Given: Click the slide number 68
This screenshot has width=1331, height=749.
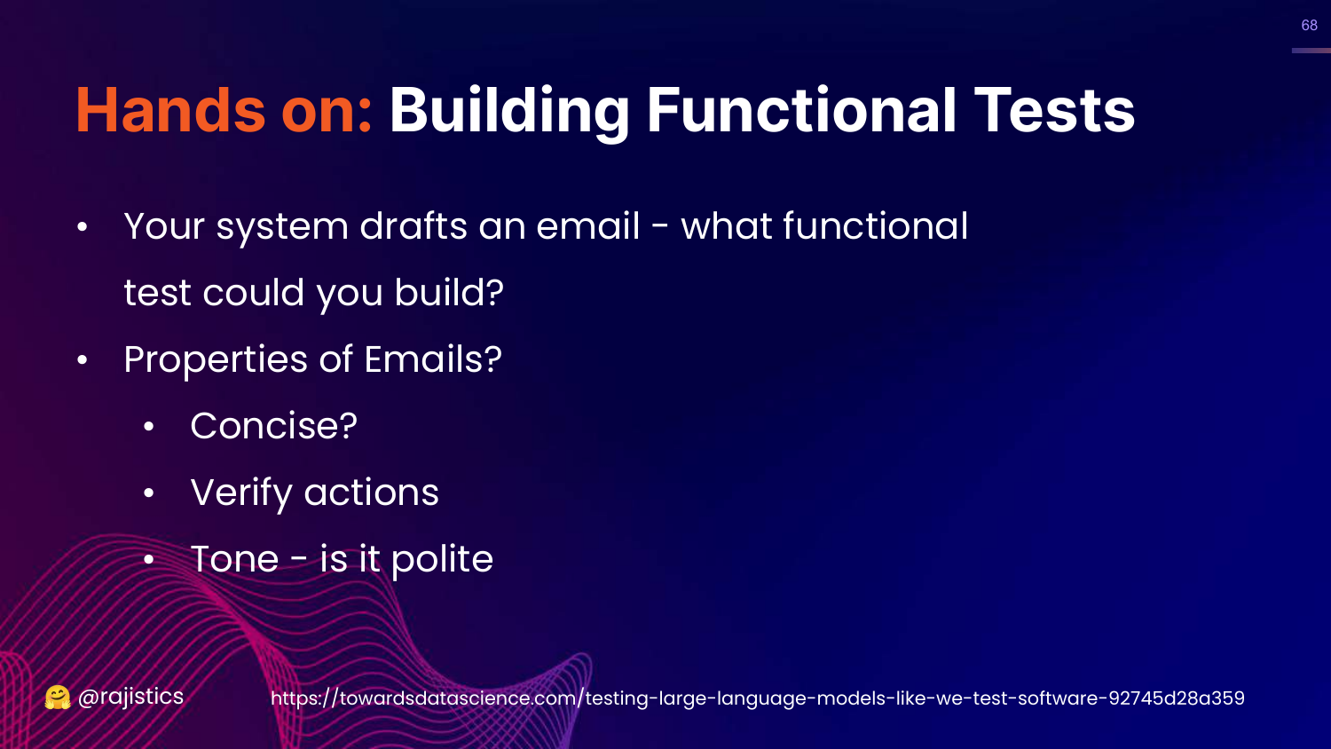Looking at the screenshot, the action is click(1309, 25).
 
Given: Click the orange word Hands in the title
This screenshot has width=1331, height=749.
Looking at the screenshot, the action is click(170, 110).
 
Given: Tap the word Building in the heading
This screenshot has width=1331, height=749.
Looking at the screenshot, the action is click(509, 111).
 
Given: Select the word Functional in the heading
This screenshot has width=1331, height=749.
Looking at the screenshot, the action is click(801, 110).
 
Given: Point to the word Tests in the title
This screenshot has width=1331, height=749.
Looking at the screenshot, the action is click(1055, 110).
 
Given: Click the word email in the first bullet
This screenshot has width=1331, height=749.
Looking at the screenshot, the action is click(588, 226).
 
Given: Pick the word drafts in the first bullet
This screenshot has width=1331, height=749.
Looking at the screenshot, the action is click(413, 226).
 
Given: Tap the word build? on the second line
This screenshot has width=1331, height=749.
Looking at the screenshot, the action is click(449, 292).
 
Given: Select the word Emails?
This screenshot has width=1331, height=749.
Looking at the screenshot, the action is click(433, 359).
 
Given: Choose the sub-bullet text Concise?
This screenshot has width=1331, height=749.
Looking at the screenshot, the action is click(274, 426).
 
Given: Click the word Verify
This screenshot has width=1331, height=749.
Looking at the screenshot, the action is click(242, 493).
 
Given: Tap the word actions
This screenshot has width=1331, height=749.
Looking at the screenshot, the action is click(372, 493).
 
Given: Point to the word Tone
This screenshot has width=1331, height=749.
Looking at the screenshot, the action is click(235, 559).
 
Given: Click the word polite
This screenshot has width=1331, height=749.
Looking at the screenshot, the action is click(442, 560).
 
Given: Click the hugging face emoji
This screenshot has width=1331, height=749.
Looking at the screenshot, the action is click(58, 698).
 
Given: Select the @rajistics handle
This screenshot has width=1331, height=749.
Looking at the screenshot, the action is click(130, 697).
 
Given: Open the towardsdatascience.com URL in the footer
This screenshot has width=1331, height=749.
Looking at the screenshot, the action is click(758, 698).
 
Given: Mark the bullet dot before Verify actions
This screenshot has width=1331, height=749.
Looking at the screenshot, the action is click(148, 493).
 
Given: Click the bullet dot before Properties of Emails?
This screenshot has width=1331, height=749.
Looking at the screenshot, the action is click(82, 359).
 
